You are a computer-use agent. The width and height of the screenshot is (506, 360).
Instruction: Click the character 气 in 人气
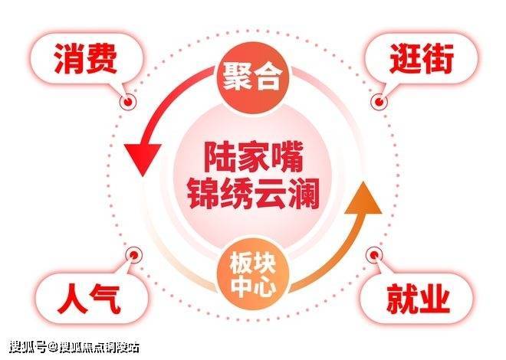[104, 298]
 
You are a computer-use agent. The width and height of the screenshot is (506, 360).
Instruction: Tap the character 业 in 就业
[435, 298]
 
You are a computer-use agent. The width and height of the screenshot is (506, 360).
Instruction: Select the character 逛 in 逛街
[402, 59]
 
